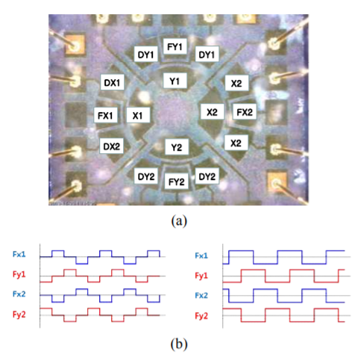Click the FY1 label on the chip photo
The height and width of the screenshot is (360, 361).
(175, 46)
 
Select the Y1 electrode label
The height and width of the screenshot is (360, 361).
(175, 81)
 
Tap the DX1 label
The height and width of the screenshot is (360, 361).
(112, 82)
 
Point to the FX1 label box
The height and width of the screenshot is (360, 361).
(105, 115)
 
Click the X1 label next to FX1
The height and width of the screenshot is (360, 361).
(138, 115)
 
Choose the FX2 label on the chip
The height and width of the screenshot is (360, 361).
(245, 112)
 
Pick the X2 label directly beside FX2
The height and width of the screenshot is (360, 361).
(212, 112)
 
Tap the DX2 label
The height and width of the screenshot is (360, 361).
(112, 146)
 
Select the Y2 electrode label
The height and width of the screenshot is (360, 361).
(177, 147)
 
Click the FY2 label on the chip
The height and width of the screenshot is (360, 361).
(177, 181)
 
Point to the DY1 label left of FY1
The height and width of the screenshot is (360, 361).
(146, 55)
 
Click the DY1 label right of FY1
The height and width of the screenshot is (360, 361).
(207, 55)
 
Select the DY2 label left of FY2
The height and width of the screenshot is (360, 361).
(146, 176)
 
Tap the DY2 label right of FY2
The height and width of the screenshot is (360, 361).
(207, 176)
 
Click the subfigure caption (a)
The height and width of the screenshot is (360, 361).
(179, 221)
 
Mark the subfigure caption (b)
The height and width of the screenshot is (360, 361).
(179, 344)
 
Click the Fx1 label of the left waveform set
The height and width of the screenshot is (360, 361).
(19, 254)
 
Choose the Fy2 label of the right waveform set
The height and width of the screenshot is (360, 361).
(201, 316)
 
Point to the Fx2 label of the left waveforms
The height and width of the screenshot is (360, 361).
(19, 294)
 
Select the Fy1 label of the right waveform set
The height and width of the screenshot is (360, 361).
(201, 276)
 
